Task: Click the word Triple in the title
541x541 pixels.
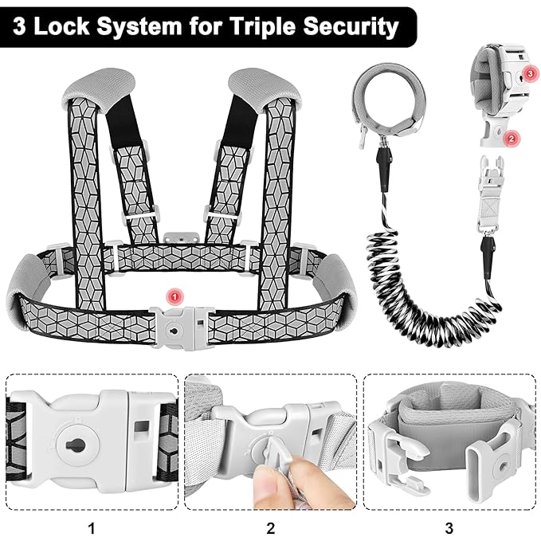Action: [257, 25]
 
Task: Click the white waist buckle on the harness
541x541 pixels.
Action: [182, 326]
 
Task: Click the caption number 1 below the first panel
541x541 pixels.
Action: [92, 525]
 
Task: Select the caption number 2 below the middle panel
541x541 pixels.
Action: [271, 525]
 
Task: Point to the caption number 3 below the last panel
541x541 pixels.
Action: [449, 525]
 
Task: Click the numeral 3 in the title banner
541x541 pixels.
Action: [22, 25]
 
